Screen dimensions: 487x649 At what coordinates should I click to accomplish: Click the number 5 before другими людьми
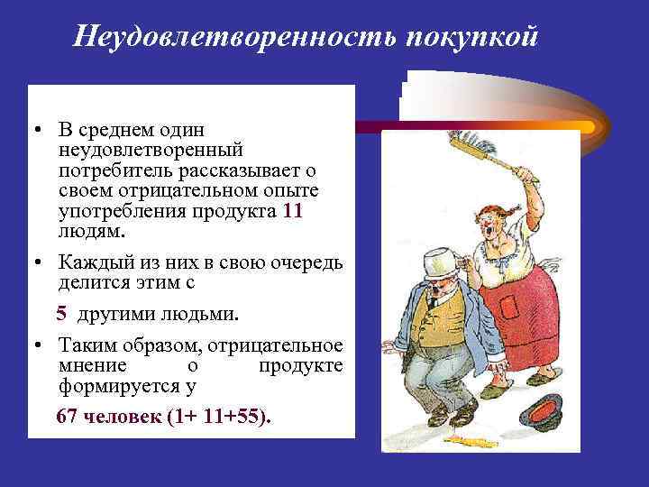[61, 314]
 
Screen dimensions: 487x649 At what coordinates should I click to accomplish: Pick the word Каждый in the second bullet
[87, 262]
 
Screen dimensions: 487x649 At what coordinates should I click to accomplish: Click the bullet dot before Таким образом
[41, 346]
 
